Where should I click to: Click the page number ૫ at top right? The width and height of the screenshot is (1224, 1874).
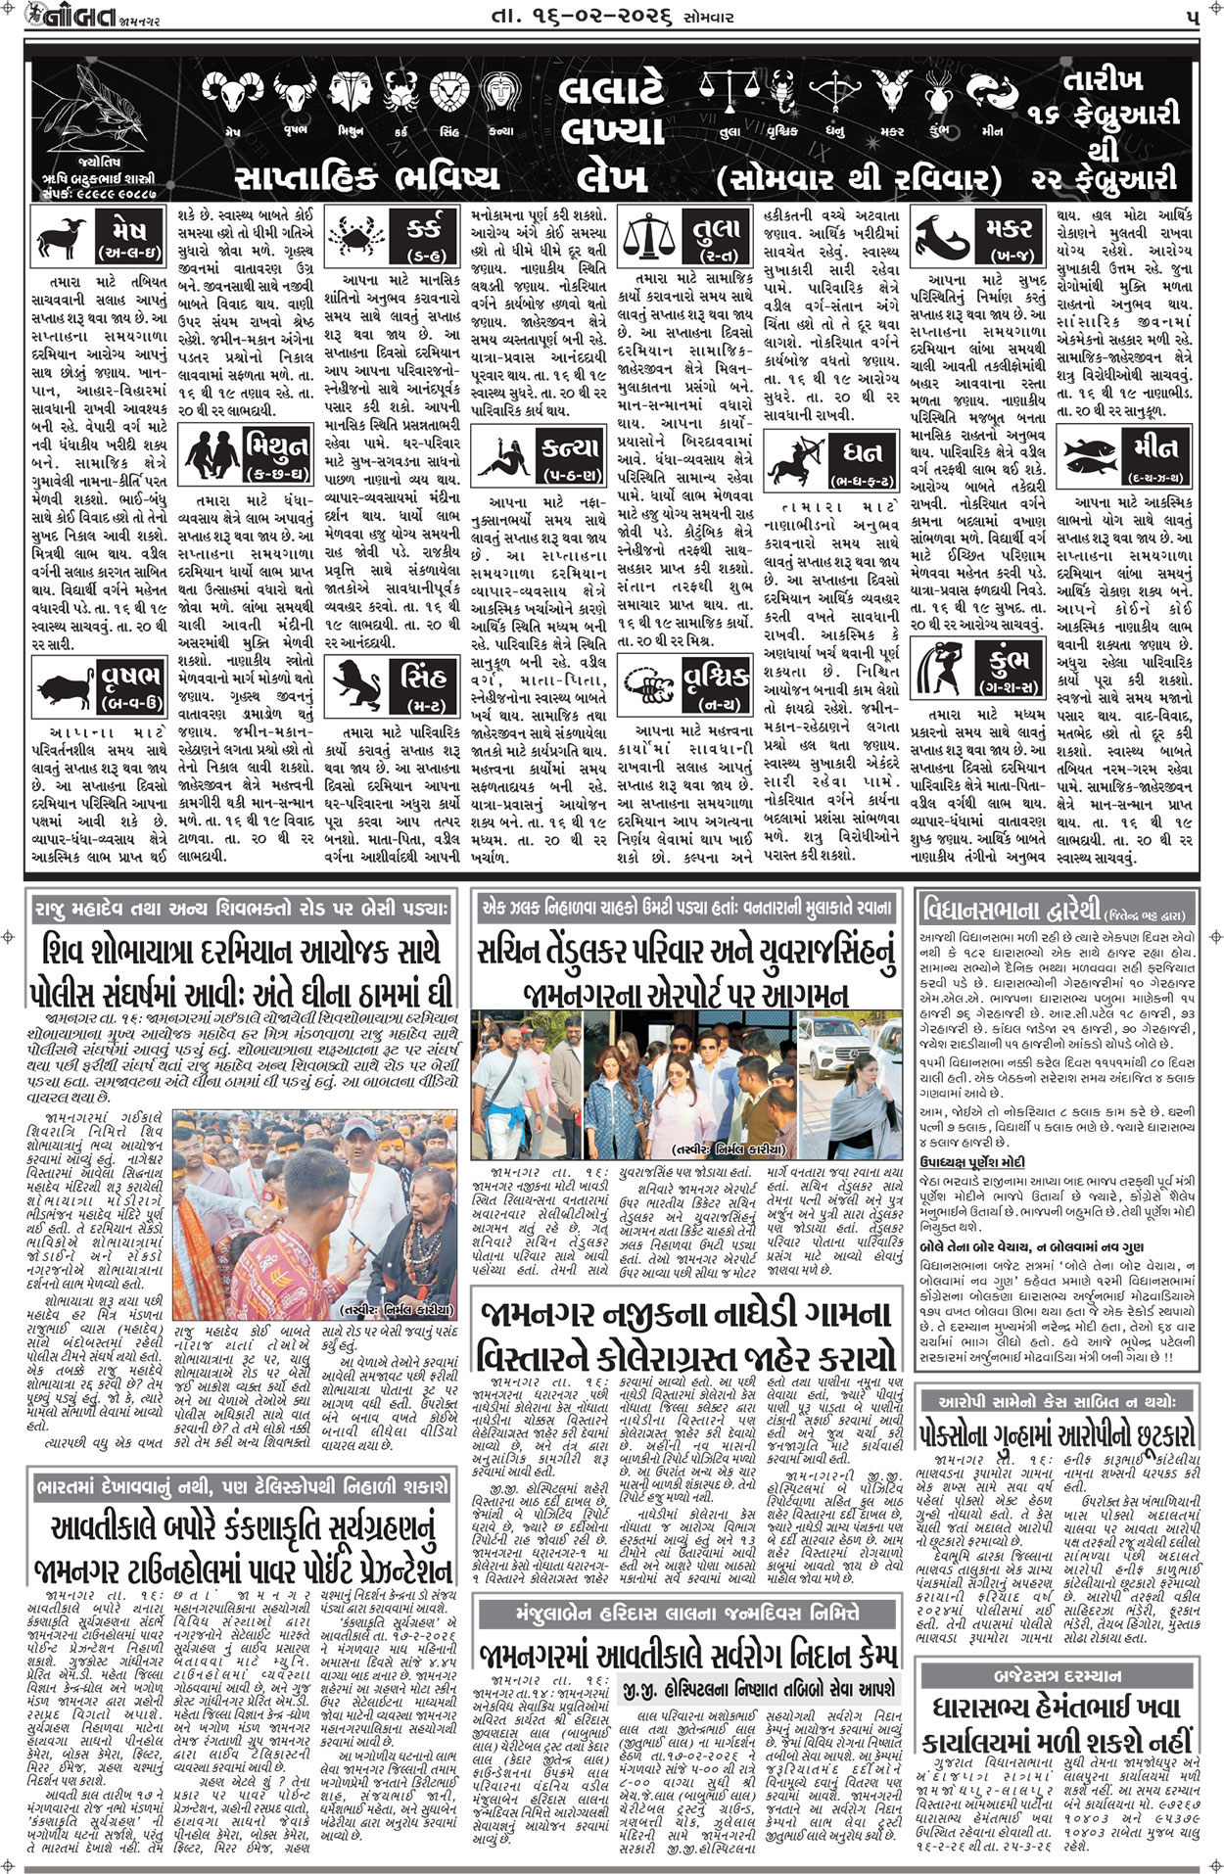(x=1191, y=17)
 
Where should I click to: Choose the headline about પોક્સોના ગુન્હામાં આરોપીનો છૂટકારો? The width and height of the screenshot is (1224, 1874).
(x=1057, y=1435)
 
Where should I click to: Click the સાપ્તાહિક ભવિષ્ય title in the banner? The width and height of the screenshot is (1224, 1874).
(x=367, y=176)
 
